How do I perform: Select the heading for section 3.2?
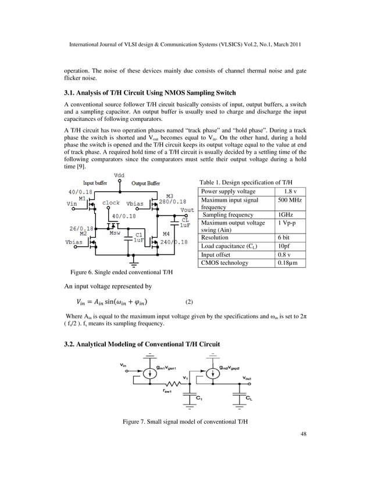pyautogui.click(x=141, y=345)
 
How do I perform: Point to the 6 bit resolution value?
pyautogui.click(x=283, y=238)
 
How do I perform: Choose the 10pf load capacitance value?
pyautogui.click(x=283, y=246)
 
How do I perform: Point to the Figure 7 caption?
pyautogui.click(x=185, y=421)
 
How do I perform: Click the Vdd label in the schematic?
pyautogui.click(x=119, y=175)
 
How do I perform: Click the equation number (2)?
pyautogui.click(x=189, y=302)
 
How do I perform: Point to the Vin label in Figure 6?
pyautogui.click(x=72, y=203)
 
